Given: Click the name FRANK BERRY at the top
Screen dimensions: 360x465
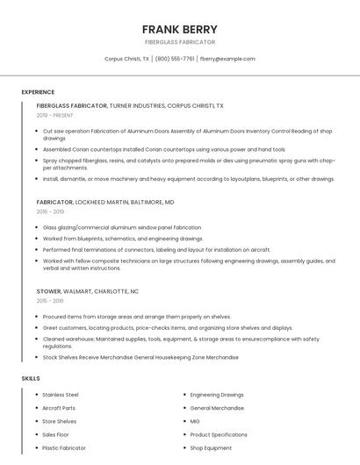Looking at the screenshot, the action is (x=179, y=29).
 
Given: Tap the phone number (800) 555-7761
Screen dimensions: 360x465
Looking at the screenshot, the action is (x=175, y=59).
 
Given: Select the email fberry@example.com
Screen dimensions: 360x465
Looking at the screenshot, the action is (x=227, y=59).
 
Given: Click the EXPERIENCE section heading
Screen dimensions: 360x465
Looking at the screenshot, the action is (x=38, y=92).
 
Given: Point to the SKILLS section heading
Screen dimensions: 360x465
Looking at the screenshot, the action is (x=31, y=378).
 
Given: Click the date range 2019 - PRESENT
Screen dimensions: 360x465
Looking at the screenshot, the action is (x=55, y=115).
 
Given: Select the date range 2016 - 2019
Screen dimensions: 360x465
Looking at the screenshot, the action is (x=50, y=211).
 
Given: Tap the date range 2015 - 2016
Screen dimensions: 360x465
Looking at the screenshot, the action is (x=50, y=301).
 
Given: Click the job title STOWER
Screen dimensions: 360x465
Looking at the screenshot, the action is (x=49, y=291).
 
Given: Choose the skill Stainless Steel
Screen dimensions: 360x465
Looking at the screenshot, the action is (x=61, y=395).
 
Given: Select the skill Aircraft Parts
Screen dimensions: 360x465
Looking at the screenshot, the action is (x=59, y=408).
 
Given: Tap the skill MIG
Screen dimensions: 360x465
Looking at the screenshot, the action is (x=195, y=421).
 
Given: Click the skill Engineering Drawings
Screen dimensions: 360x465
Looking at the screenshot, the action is (x=217, y=395).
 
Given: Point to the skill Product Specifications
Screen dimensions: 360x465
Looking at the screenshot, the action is (x=219, y=434).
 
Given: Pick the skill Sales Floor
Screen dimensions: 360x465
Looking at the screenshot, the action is (x=55, y=434).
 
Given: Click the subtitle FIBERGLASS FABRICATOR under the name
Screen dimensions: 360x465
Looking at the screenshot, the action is (x=179, y=42).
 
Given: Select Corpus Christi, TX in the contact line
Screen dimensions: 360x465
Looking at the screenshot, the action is (x=126, y=59).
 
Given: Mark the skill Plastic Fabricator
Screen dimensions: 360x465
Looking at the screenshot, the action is (x=64, y=447).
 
